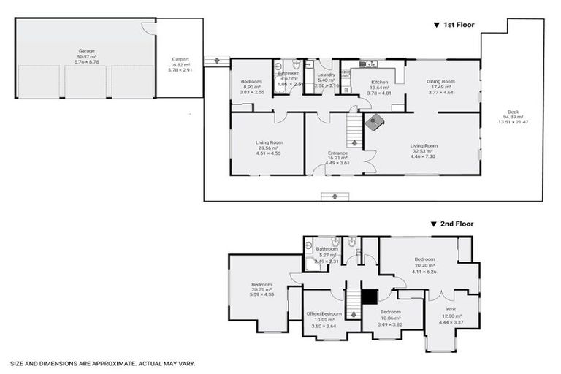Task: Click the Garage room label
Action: tap(86, 50)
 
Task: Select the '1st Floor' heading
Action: tap(458, 25)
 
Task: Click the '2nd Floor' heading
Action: tap(457, 224)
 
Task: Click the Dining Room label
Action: tap(442, 81)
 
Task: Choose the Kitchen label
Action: tap(379, 82)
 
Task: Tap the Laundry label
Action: tap(326, 74)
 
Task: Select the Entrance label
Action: tap(337, 153)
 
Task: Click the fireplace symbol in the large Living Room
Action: tap(375, 122)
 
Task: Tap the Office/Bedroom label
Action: tap(324, 313)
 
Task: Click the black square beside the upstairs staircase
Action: tap(370, 297)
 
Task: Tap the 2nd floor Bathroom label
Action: tap(327, 249)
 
